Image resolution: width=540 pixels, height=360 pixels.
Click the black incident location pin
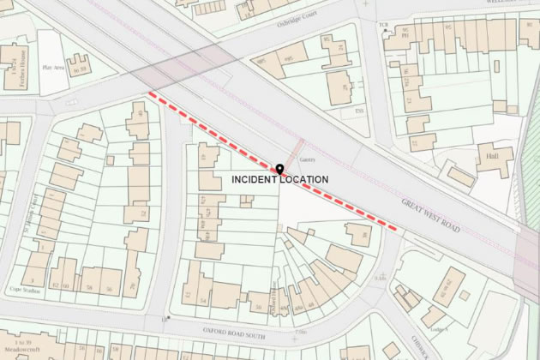279,169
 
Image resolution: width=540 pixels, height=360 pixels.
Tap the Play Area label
53,65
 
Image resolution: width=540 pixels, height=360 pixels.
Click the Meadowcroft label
21,351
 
